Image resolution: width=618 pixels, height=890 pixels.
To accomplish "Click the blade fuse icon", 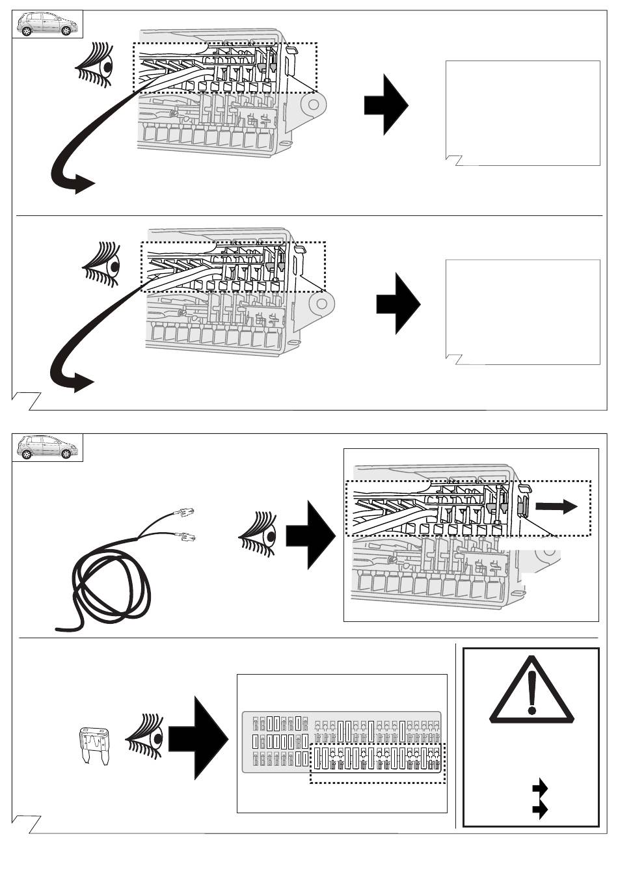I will [x=94, y=745].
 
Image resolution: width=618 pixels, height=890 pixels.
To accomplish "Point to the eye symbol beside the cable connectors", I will [x=260, y=535].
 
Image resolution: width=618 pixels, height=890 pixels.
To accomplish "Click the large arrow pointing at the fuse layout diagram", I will [x=198, y=738].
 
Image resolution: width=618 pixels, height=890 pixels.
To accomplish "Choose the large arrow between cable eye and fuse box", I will [x=310, y=535].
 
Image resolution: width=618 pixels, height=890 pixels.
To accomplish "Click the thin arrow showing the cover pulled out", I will [x=556, y=507].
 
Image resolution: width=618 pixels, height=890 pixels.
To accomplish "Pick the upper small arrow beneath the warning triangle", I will [x=539, y=789].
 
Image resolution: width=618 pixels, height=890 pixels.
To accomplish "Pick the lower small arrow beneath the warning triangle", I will [x=539, y=809].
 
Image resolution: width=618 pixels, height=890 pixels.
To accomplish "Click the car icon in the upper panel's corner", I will [x=47, y=25].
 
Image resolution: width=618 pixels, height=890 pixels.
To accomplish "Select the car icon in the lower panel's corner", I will [x=47, y=447].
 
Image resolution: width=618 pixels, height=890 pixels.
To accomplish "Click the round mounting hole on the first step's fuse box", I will [x=314, y=104].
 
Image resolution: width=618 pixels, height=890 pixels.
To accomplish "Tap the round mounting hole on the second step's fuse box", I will [x=321, y=303].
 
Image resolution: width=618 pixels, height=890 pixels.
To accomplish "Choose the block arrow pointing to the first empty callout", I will [x=386, y=104].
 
